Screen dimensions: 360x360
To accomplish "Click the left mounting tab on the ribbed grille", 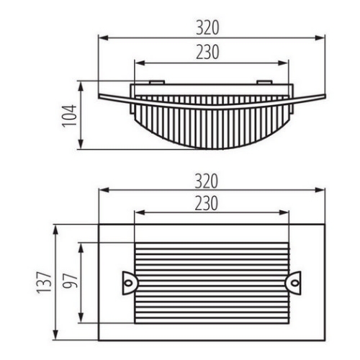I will click(129, 282).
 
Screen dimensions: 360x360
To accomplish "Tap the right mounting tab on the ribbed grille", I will click(295, 282).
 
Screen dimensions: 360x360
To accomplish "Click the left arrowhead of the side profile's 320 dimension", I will click(102, 37).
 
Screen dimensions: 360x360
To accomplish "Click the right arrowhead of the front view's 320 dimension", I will click(324, 190).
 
